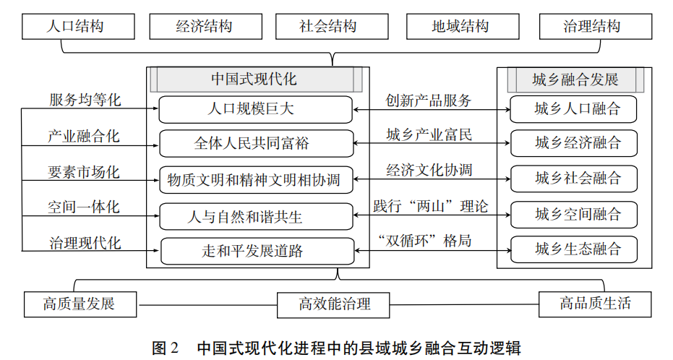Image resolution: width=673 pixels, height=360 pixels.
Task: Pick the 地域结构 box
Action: (460, 27)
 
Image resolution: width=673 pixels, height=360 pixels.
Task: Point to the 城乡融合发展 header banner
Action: (575, 79)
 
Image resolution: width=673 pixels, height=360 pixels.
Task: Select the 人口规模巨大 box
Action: (256, 110)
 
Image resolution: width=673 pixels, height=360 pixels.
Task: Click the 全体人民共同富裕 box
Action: (256, 143)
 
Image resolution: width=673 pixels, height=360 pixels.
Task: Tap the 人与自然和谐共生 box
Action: (256, 215)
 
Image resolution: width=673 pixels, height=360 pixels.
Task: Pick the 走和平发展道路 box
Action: (256, 251)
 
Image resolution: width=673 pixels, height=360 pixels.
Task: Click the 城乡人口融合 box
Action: (574, 110)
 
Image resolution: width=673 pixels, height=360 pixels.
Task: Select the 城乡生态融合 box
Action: (574, 249)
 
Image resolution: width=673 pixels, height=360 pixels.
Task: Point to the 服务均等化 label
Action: (85, 100)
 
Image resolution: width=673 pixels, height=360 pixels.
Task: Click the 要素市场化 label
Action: (85, 172)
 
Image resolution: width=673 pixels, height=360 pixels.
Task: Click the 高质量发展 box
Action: (80, 304)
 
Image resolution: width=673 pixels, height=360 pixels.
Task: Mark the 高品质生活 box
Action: (595, 304)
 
